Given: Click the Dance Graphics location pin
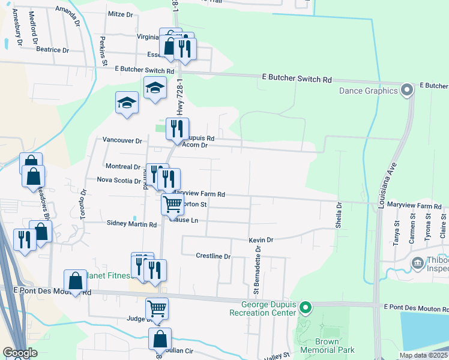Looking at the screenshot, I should (x=407, y=91).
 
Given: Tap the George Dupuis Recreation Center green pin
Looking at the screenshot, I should (x=306, y=308).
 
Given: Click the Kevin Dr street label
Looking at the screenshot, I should (x=261, y=240).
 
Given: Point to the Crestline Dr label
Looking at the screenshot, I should (x=213, y=256).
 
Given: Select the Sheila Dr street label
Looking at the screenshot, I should (x=339, y=215).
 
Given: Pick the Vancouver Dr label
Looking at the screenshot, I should (x=122, y=140).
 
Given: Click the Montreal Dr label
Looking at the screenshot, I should (x=122, y=166).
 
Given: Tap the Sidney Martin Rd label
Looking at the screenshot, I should (x=131, y=224).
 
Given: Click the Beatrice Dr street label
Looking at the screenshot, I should (x=53, y=50).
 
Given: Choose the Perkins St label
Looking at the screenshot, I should (x=103, y=52).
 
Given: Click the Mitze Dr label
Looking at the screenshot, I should (x=120, y=14).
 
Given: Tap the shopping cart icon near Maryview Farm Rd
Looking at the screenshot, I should (x=172, y=204).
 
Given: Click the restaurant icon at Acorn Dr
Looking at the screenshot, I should (x=176, y=128).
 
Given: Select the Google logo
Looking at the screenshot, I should (x=19, y=353).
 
